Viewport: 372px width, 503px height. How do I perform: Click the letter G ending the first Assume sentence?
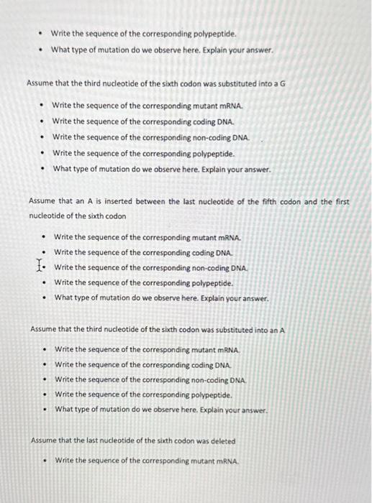tap(282, 83)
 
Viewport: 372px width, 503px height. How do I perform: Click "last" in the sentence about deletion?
tap(94, 440)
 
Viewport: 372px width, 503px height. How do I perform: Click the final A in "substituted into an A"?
tap(283, 330)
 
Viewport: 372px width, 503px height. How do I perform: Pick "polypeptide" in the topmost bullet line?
tap(213, 33)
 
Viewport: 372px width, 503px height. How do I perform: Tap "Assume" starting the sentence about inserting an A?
tap(42, 202)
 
